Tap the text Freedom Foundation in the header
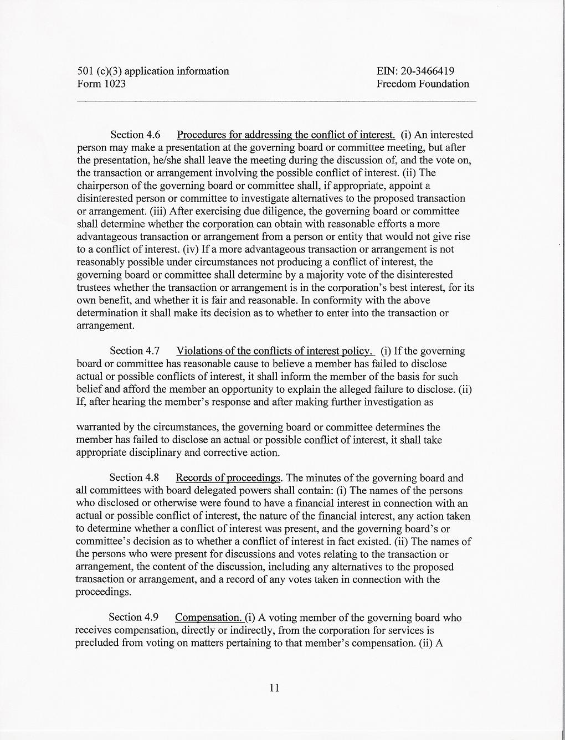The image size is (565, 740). [422, 84]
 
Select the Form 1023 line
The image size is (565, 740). [101, 84]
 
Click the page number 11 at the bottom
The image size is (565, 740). [274, 688]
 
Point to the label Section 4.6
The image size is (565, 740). [135, 135]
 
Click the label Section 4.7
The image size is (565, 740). [135, 351]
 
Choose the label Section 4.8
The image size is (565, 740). [134, 478]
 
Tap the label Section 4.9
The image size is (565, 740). [133, 618]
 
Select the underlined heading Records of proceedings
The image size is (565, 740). [228, 478]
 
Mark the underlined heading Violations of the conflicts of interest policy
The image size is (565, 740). [275, 351]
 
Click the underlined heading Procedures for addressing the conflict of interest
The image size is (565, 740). [286, 135]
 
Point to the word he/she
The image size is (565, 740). [168, 161]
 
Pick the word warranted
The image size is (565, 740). [99, 428]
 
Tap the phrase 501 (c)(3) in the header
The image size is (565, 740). [97, 71]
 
